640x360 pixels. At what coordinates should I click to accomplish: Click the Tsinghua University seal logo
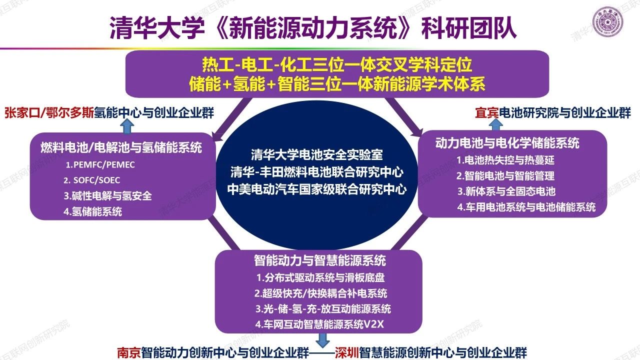point(607,22)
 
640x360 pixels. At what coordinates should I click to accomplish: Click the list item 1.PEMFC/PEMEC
point(100,164)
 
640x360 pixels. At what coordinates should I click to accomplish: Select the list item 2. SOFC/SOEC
point(91,180)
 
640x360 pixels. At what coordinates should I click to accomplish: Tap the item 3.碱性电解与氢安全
point(107,195)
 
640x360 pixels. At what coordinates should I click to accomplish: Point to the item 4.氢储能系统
point(93,211)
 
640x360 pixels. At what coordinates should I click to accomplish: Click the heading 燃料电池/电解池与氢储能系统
point(121,147)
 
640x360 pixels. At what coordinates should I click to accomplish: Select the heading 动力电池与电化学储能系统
point(507,143)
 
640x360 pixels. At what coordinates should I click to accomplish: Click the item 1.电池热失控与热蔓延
point(505,160)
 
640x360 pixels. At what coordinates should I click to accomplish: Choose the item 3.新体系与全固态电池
point(506,191)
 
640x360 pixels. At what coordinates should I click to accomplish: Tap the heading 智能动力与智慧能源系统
point(320,260)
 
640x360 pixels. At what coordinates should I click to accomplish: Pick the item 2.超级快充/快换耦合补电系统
point(321,293)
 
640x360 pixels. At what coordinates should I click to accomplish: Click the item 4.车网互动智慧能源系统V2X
point(319,324)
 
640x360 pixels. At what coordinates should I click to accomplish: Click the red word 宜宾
point(487,113)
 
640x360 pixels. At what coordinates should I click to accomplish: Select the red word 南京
point(129,352)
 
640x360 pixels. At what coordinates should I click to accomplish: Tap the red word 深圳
point(346,352)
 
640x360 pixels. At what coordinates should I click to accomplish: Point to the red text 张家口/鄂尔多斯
point(49,113)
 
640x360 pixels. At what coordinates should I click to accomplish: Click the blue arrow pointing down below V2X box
point(323,340)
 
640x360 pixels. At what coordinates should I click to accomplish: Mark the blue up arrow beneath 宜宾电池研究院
point(496,124)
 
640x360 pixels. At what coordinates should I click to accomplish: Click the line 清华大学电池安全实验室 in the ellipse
point(317,155)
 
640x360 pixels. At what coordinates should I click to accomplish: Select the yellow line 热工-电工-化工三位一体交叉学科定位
point(337,64)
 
